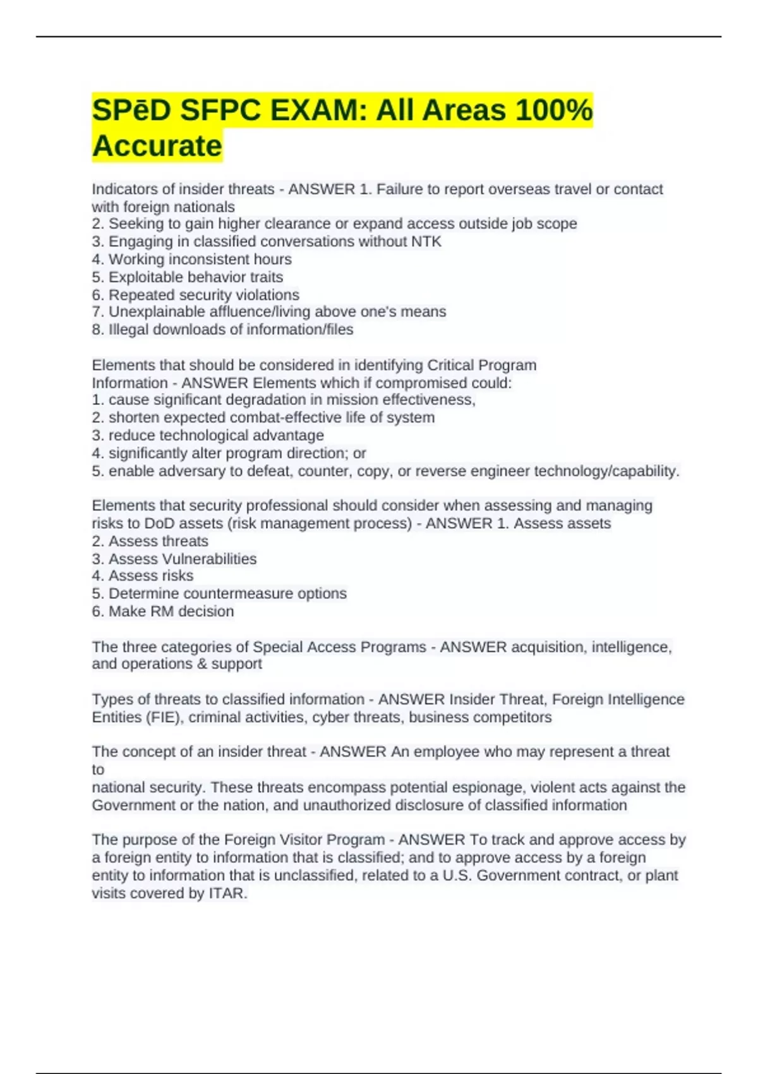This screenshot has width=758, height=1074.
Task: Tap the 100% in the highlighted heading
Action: (553, 111)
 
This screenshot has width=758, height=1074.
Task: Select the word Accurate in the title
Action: (157, 146)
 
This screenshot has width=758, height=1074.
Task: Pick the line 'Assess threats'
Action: (158, 541)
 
